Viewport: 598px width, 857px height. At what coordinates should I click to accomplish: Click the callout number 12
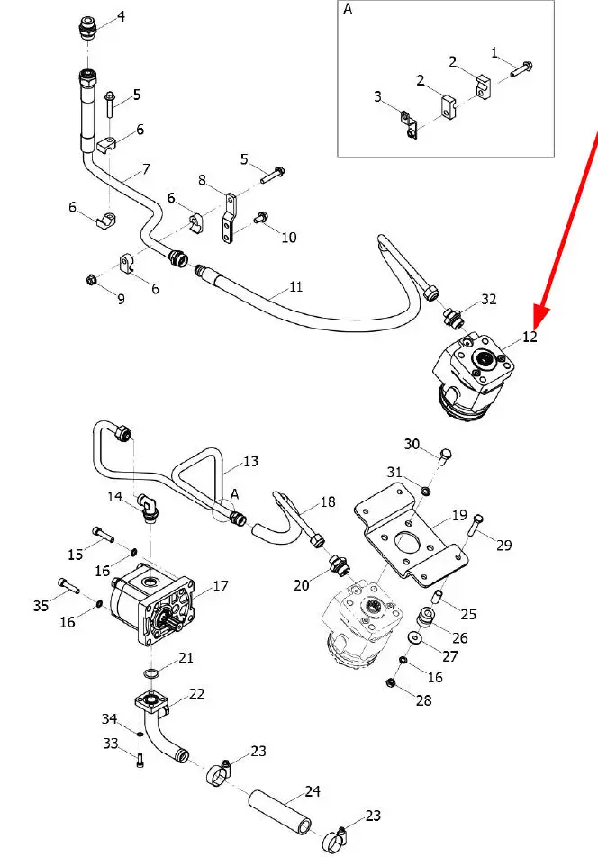coord(530,337)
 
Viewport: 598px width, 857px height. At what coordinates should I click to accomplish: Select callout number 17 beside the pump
coord(221,586)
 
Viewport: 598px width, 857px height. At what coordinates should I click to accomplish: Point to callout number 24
coord(313,791)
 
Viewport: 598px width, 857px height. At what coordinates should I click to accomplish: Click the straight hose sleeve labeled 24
coord(280,812)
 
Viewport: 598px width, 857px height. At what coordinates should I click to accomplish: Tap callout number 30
coord(412,445)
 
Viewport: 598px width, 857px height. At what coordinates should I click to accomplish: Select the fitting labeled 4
coord(87,29)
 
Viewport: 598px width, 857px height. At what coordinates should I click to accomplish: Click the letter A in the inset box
coord(348,9)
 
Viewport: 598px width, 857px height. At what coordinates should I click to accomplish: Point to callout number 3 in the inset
coord(377,96)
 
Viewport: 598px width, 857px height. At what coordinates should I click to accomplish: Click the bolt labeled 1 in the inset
coord(522,69)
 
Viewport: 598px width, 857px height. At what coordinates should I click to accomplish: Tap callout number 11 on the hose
coord(295,287)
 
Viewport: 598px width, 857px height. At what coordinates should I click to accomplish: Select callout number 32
coord(489,300)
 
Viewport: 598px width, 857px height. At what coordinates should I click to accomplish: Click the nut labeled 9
coord(92,281)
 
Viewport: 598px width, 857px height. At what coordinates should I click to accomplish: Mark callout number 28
coord(423,700)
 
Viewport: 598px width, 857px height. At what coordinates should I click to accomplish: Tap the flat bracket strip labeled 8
coord(229,218)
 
